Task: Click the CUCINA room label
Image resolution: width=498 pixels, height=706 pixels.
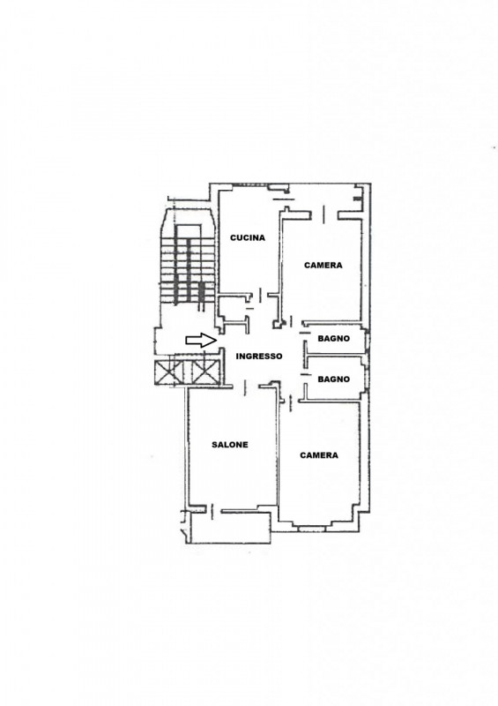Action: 248,237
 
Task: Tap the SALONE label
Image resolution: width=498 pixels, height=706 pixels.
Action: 230,445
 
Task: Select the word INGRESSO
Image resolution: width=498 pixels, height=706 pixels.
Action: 259,357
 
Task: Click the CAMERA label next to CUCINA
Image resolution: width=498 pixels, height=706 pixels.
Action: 323,266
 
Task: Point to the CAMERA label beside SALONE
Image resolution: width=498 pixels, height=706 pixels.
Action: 319,455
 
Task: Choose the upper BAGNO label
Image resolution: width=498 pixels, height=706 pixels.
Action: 333,339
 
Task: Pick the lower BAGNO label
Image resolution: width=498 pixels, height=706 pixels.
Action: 333,379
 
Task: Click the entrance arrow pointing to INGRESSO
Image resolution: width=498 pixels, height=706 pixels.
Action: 201,341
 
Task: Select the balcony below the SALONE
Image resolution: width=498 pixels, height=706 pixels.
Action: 230,527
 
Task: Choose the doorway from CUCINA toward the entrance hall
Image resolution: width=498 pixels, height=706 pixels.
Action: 262,296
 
